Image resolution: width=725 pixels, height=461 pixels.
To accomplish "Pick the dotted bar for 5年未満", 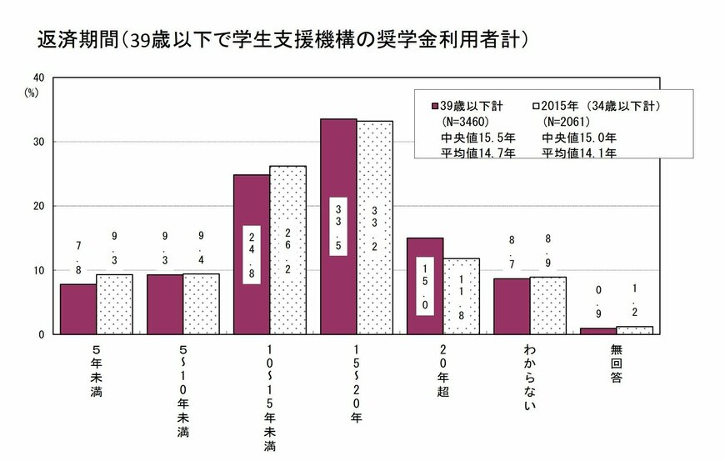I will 114,304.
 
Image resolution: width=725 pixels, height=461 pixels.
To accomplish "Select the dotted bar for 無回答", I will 634,330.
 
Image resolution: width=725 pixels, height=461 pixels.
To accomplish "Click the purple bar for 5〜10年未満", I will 165,304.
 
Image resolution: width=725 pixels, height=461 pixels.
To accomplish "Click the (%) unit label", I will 32,93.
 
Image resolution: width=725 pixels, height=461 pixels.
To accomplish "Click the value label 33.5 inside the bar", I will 338,225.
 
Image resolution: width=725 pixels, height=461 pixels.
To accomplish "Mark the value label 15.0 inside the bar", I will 424,285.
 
